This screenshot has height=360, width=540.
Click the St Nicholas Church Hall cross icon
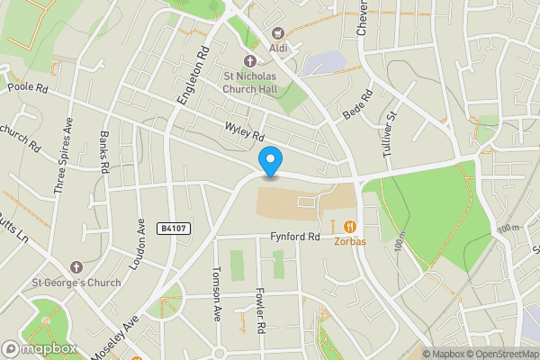250,60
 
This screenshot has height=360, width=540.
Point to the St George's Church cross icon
76,267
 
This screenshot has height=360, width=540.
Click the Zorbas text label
350,241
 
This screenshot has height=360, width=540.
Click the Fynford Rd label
295,238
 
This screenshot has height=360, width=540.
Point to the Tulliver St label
389,134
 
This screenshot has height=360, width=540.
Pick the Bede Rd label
358,105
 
